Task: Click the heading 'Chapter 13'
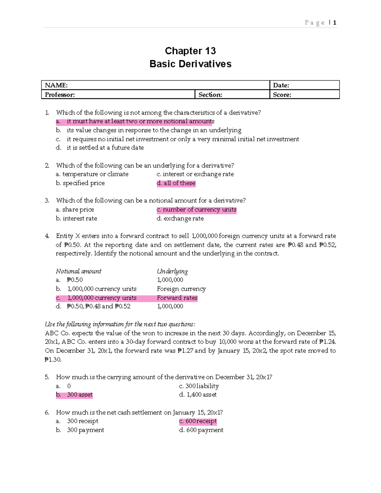(x=190, y=51)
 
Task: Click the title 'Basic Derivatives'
(x=190, y=64)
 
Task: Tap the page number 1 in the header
(x=335, y=23)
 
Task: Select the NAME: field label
(x=56, y=85)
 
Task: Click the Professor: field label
(x=60, y=95)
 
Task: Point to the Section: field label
(x=210, y=95)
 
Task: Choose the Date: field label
(x=281, y=85)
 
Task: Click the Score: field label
(x=282, y=95)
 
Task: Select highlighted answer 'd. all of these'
(x=176, y=183)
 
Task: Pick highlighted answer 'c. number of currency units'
(x=197, y=210)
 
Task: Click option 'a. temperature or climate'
(x=92, y=174)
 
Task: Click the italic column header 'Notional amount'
(x=78, y=271)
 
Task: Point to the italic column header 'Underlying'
(x=172, y=271)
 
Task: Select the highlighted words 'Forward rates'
(x=177, y=298)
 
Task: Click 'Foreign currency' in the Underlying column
(x=181, y=289)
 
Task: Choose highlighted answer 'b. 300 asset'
(x=74, y=395)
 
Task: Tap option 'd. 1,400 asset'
(x=198, y=395)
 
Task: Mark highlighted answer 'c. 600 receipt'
(x=198, y=421)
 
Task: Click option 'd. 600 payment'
(x=201, y=430)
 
